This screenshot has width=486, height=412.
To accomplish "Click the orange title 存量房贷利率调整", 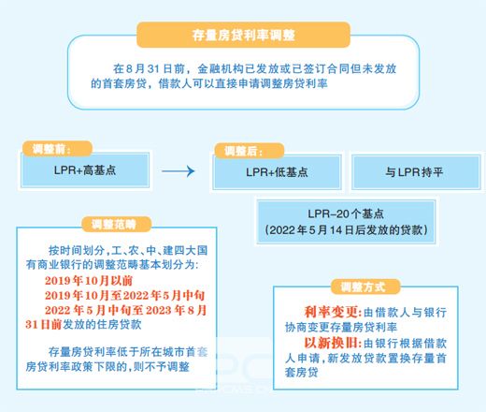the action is [x=243, y=35].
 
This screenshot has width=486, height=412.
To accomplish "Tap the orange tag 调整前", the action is [x=57, y=149].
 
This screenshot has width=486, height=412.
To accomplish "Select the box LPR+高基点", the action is [x=85, y=170].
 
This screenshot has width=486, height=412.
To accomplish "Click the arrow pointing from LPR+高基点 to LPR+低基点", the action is [x=179, y=170].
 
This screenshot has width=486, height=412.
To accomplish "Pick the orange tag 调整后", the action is [x=250, y=151].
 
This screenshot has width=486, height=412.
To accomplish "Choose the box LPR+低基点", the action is [x=277, y=172].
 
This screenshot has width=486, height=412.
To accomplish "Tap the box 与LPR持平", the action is [x=416, y=172].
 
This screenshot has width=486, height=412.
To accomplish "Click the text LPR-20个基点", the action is [x=346, y=213].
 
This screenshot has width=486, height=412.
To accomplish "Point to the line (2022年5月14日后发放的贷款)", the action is [x=346, y=230].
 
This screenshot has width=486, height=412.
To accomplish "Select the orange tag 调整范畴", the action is [x=116, y=224].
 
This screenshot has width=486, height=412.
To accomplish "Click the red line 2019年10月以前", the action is [x=89, y=280].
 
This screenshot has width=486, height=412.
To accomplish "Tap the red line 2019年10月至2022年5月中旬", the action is [x=124, y=295].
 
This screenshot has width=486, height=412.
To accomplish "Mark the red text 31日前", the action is [x=44, y=325].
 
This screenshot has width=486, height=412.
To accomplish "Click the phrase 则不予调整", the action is [x=162, y=366].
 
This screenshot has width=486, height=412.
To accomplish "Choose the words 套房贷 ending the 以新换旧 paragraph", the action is [x=302, y=373].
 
